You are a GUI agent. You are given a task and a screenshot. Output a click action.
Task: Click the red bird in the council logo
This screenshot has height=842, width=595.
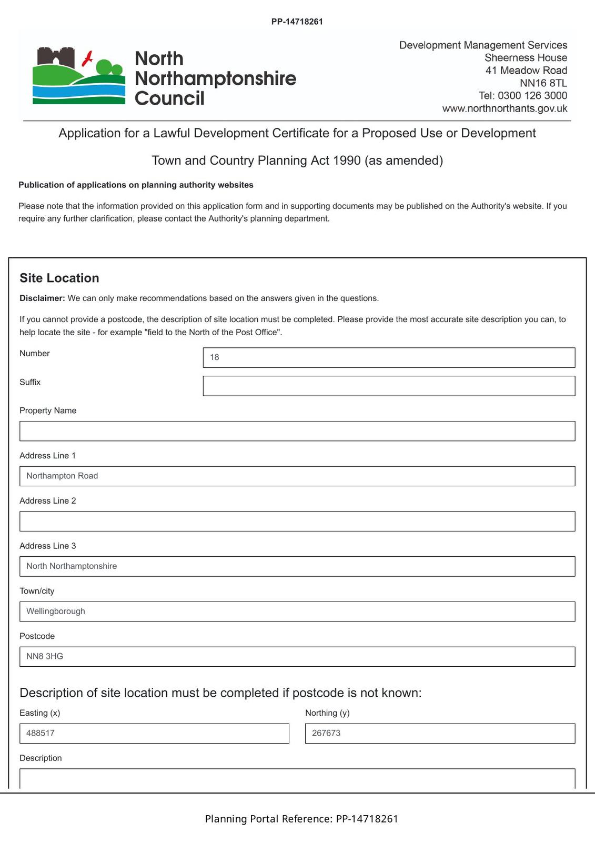(x=88, y=58)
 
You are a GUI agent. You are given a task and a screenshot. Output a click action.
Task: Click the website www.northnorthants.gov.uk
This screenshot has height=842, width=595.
(x=505, y=108)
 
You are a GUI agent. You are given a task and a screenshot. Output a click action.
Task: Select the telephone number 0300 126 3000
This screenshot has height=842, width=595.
(x=532, y=96)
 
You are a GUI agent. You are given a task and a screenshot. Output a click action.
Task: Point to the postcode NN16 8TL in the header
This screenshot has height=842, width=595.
(x=543, y=83)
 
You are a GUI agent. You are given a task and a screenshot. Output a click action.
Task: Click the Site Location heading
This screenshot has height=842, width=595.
(x=59, y=278)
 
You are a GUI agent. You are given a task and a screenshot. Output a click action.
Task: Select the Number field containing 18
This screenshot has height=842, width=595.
(x=389, y=358)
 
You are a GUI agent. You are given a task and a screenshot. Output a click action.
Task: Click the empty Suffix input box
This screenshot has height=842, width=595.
(x=389, y=386)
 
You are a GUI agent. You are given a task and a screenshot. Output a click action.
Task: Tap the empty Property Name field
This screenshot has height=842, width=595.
(x=297, y=431)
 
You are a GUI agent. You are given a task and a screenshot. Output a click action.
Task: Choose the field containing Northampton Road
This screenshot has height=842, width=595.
(x=297, y=476)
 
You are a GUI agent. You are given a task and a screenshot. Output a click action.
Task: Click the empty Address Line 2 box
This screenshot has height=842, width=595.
(x=297, y=522)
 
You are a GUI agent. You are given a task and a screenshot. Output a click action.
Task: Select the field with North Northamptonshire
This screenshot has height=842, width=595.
(x=297, y=566)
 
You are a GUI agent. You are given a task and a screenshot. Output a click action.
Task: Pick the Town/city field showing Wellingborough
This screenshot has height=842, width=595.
(x=297, y=612)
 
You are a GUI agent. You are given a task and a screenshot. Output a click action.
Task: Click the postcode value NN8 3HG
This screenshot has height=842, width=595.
(x=45, y=657)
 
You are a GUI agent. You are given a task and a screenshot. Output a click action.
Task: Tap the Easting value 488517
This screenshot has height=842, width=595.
(x=41, y=733)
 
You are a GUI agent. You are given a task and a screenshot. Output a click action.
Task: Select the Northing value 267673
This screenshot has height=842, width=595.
(x=326, y=733)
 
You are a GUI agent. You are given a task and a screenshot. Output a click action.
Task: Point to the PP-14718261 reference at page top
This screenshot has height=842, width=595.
(x=297, y=22)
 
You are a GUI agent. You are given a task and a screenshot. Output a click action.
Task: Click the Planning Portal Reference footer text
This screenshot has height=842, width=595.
(x=301, y=819)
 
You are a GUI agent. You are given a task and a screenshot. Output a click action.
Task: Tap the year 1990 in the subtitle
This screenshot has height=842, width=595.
(x=347, y=161)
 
